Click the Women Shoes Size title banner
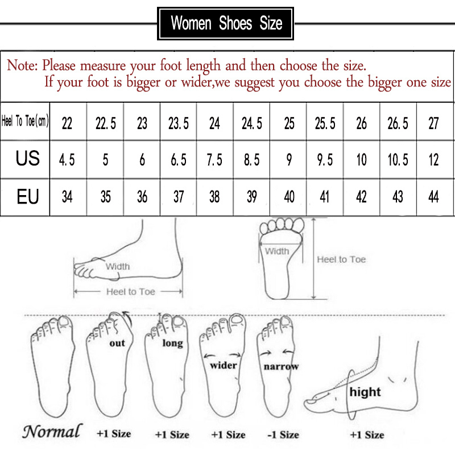click(226, 24)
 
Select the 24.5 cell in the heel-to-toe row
click(251, 123)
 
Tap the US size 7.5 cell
click(214, 160)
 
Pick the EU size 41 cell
click(324, 197)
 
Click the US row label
click(27, 159)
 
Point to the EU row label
click(27, 197)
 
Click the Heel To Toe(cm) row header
click(26, 122)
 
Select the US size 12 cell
click(433, 160)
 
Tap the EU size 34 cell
click(67, 197)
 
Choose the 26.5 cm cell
click(398, 123)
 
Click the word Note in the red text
click(21, 65)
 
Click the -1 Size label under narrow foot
click(283, 435)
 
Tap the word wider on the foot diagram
click(223, 365)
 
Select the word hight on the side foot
click(365, 392)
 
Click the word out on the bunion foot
click(117, 342)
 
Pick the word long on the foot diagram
click(172, 343)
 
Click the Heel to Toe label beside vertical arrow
click(341, 259)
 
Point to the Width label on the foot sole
click(277, 251)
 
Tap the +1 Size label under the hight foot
click(367, 435)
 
